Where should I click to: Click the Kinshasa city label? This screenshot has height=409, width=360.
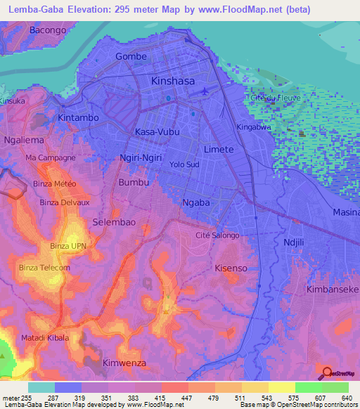click(x=173, y=81)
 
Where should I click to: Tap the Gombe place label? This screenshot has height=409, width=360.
click(x=131, y=56)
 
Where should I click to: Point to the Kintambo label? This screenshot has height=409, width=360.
click(x=78, y=117)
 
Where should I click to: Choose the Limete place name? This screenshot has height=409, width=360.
click(x=218, y=150)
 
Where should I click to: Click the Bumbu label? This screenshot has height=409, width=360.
click(x=134, y=182)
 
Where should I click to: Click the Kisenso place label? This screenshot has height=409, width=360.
click(x=232, y=268)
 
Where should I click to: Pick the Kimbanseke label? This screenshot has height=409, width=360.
click(x=333, y=290)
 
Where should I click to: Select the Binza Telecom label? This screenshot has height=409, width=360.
click(x=45, y=268)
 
